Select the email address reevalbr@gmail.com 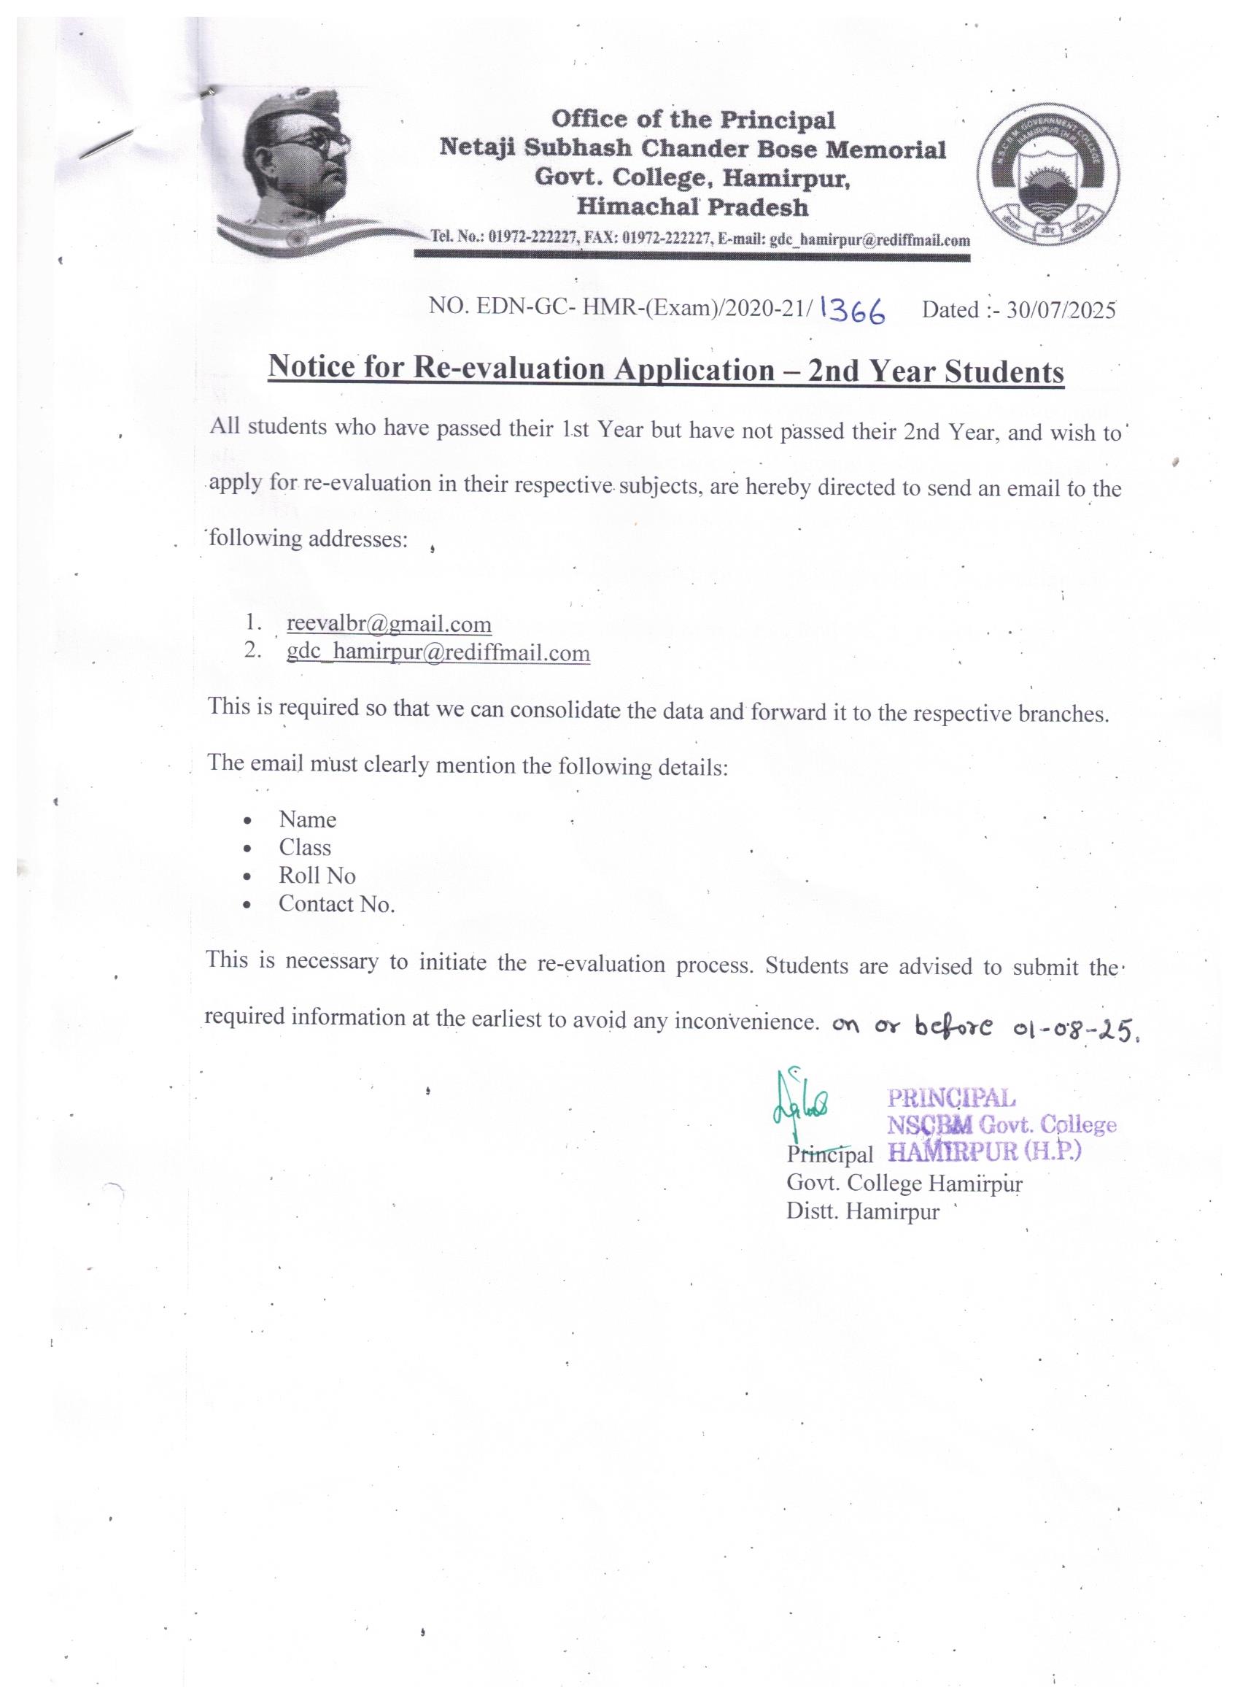(389, 625)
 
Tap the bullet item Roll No (317, 876)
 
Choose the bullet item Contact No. (336, 903)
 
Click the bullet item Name (307, 819)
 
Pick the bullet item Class (305, 848)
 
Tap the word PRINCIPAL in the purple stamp (951, 1098)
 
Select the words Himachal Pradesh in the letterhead (691, 207)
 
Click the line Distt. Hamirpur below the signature (862, 1212)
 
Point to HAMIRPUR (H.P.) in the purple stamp (983, 1151)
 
